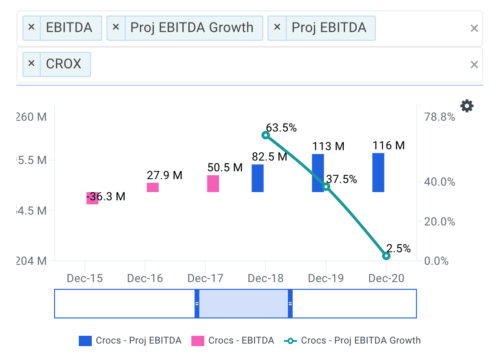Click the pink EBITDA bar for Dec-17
[x=213, y=183]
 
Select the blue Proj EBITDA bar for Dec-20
[x=378, y=173]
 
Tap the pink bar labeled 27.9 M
[x=153, y=187]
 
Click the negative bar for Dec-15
[x=92, y=198]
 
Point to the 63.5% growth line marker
[x=266, y=135]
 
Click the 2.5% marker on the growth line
[x=387, y=256]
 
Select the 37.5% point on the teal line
[x=326, y=186]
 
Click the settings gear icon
[x=467, y=106]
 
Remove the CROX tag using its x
[x=31, y=64]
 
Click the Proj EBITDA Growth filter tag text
[x=192, y=28]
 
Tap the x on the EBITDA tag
[x=31, y=28]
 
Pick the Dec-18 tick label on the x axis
[x=265, y=278]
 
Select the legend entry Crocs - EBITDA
[x=233, y=341]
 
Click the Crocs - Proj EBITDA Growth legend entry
[x=352, y=341]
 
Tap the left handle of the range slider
[x=197, y=304]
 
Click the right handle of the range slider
[x=290, y=304]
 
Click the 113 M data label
[x=328, y=146]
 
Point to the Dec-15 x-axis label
[x=85, y=278]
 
